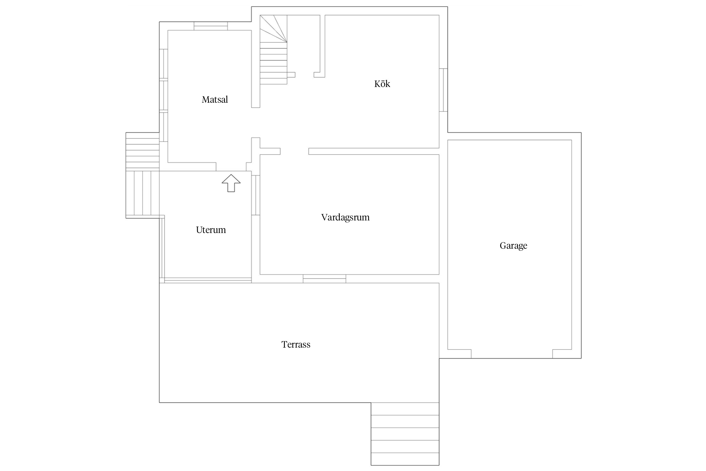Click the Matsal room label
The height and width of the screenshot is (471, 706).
pyautogui.click(x=215, y=100)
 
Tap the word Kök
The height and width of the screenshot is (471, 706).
pyautogui.click(x=382, y=84)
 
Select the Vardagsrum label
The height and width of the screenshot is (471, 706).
pyautogui.click(x=345, y=217)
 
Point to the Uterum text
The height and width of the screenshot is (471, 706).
pyautogui.click(x=211, y=230)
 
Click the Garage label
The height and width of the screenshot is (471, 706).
pyautogui.click(x=513, y=246)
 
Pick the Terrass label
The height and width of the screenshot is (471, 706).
pyautogui.click(x=296, y=344)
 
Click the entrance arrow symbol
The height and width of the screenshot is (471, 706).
pyautogui.click(x=231, y=183)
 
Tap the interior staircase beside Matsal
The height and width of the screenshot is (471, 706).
pyautogui.click(x=273, y=50)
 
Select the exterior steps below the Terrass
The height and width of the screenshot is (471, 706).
pyautogui.click(x=405, y=434)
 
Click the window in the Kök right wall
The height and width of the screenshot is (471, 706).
pyautogui.click(x=443, y=90)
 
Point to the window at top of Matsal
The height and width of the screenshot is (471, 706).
pyautogui.click(x=211, y=26)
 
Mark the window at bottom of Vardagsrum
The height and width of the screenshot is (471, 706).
pyautogui.click(x=324, y=279)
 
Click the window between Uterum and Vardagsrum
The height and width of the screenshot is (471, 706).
pyautogui.click(x=256, y=195)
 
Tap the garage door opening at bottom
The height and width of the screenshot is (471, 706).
pyautogui.click(x=512, y=354)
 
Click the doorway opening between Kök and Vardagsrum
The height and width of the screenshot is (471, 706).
pyautogui.click(x=294, y=151)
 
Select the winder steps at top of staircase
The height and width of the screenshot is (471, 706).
pyautogui.click(x=273, y=29)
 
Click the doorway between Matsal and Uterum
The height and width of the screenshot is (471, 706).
pyautogui.click(x=231, y=167)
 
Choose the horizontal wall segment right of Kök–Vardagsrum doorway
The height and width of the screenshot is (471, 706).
pyautogui.click(x=374, y=151)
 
